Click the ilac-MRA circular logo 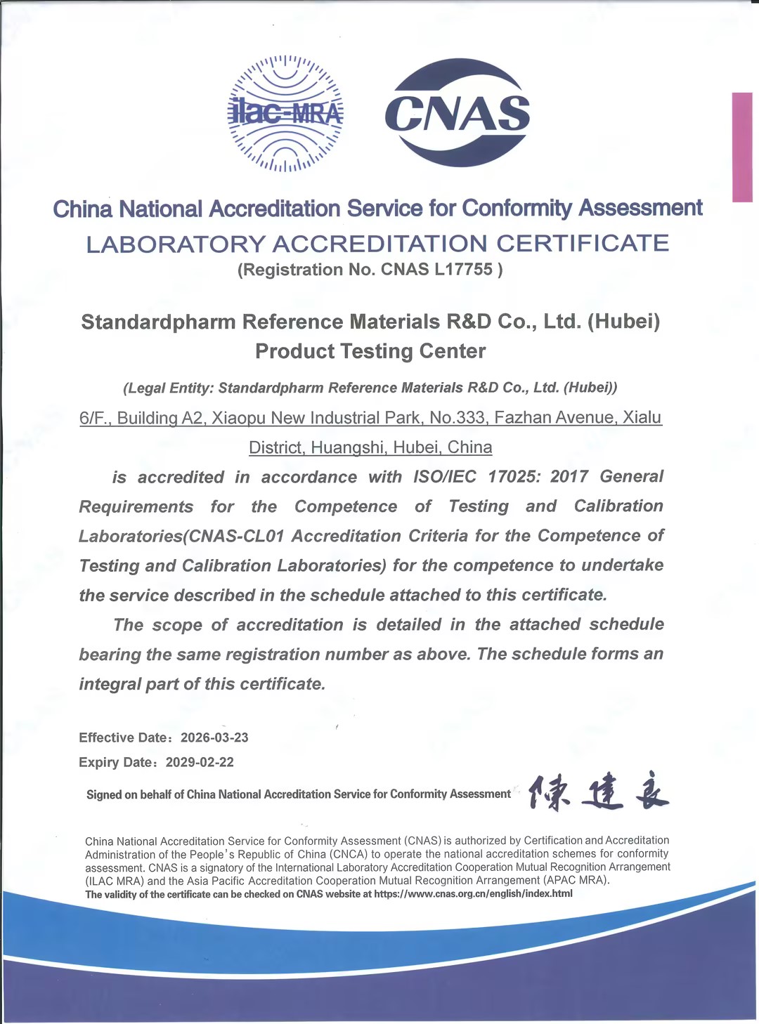[285, 114]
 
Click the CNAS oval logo [458, 112]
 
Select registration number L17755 [463, 270]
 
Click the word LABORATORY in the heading [176, 244]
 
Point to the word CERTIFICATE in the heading [583, 244]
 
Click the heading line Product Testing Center [370, 351]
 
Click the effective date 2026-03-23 [214, 737]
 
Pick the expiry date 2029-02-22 [200, 762]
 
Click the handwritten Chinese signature [598, 794]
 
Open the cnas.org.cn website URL [473, 894]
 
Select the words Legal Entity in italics [167, 388]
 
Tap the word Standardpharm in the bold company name [158, 322]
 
